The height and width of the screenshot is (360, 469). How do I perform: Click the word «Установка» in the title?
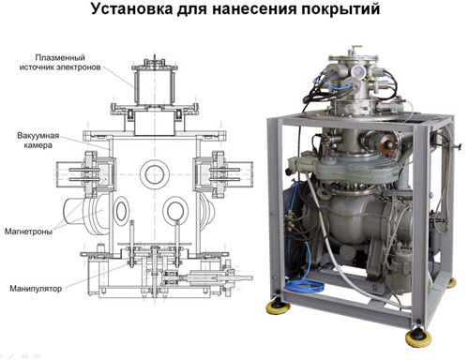click(132, 9)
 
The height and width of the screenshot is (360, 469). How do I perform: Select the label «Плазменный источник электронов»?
click(60, 62)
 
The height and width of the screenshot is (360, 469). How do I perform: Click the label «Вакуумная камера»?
click(38, 141)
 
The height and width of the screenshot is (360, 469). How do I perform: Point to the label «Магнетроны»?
click(28, 232)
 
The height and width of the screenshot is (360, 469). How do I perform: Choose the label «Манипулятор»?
click(36, 288)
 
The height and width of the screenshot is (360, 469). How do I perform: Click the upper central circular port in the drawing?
click(153, 175)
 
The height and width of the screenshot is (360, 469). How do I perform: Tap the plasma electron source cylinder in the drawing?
click(154, 87)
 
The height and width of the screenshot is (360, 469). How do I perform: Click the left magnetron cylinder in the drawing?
click(84, 214)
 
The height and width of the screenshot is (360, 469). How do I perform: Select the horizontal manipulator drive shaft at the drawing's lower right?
click(219, 277)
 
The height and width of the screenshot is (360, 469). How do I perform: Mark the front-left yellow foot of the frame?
click(278, 307)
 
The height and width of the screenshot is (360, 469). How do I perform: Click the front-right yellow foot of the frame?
click(418, 338)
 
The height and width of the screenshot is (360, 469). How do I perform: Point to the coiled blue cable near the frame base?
click(303, 286)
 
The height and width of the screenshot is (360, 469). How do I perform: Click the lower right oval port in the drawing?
click(175, 210)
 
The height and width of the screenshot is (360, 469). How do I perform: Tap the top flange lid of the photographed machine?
click(354, 57)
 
